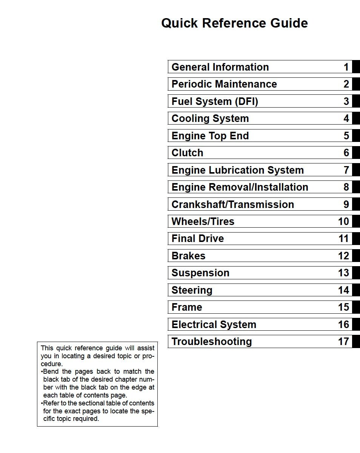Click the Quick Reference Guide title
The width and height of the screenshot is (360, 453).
pyautogui.click(x=234, y=23)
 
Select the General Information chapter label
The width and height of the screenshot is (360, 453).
pyautogui.click(x=220, y=67)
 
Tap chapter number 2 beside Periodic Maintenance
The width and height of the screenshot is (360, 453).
pyautogui.click(x=346, y=84)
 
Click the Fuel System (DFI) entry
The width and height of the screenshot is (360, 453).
pyautogui.click(x=215, y=101)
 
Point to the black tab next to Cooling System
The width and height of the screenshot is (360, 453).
pyautogui.click(x=356, y=119)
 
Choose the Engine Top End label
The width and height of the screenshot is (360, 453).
pyautogui.click(x=210, y=136)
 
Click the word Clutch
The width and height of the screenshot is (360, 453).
pyautogui.click(x=187, y=153)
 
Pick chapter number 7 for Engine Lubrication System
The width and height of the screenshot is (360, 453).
pyautogui.click(x=346, y=170)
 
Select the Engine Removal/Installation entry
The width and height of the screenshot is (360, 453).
pyautogui.click(x=240, y=187)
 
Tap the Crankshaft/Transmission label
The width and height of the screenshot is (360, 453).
pyautogui.click(x=232, y=204)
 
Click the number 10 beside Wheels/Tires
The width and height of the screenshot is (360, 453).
pyautogui.click(x=343, y=221)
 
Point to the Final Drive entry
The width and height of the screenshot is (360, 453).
pyautogui.click(x=197, y=238)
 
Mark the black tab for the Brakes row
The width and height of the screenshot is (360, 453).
pyautogui.click(x=356, y=256)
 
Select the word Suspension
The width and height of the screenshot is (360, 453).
pyautogui.click(x=200, y=273)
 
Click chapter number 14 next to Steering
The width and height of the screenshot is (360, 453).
pyautogui.click(x=343, y=290)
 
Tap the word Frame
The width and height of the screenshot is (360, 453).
pyautogui.click(x=187, y=307)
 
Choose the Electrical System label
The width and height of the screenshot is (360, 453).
pyautogui.click(x=214, y=324)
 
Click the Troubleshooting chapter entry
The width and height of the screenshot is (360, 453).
pyautogui.click(x=211, y=341)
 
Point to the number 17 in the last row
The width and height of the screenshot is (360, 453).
pyautogui.click(x=343, y=341)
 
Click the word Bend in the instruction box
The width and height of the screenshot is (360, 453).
pyautogui.click(x=51, y=371)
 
